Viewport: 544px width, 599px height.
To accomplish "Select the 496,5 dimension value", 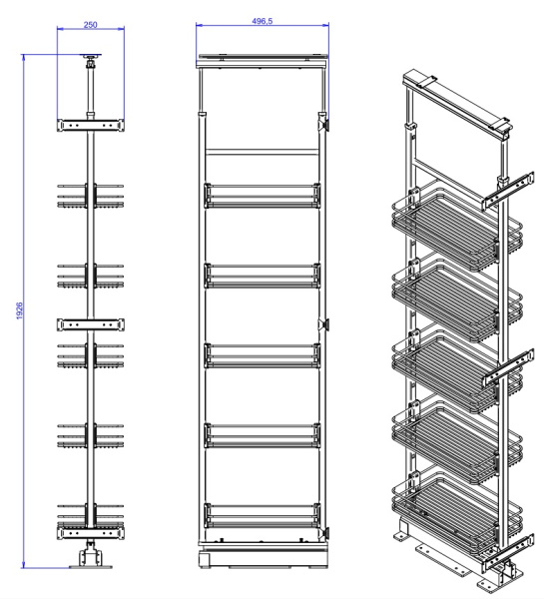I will pyautogui.click(x=264, y=20).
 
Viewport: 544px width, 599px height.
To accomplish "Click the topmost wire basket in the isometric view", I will pyautogui.click(x=454, y=225).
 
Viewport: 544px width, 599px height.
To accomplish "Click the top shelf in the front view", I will pyautogui.click(x=264, y=194).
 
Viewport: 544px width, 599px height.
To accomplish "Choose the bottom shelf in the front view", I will pyautogui.click(x=264, y=514).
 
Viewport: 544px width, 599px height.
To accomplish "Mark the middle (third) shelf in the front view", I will pyautogui.click(x=264, y=353).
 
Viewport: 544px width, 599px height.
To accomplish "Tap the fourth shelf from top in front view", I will pyautogui.click(x=264, y=433).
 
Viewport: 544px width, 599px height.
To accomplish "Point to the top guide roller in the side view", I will pyautogui.click(x=91, y=67).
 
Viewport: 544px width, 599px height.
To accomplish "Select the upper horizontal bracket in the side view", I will pyautogui.click(x=91, y=126).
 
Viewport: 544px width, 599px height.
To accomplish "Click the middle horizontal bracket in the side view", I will pyautogui.click(x=91, y=323).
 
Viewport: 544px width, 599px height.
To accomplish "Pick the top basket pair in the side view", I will pyautogui.click(x=91, y=195).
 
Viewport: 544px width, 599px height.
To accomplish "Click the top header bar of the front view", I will pyautogui.click(x=264, y=57).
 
